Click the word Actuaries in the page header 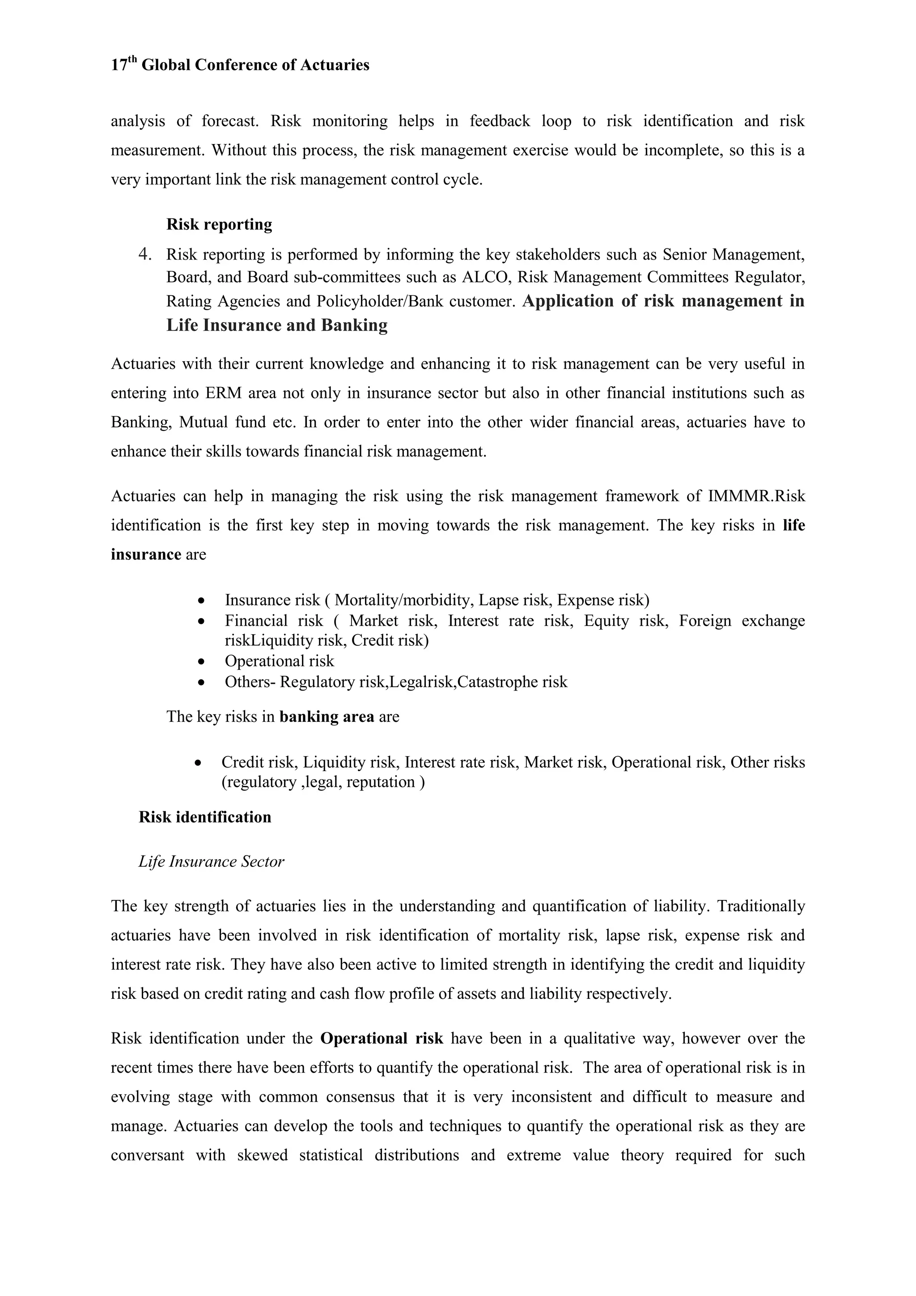pos(335,65)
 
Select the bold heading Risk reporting pos(219,225)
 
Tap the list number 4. pos(145,255)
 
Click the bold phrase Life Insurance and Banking pos(277,325)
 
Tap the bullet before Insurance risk pos(202,601)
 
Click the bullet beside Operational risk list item pos(202,661)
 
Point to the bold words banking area pos(327,717)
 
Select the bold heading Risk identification pos(205,817)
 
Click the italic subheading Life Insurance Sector pos(211,861)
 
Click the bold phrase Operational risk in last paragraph pos(381,1039)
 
